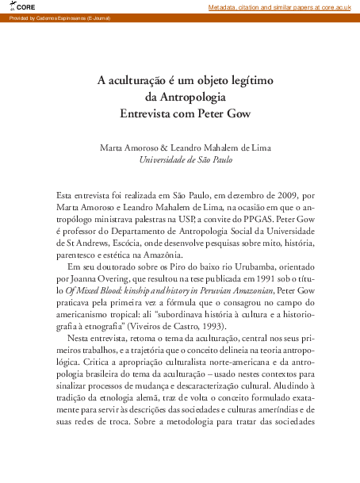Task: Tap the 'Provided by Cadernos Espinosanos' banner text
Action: coord(49,17)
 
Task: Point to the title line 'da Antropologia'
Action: coord(185,97)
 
